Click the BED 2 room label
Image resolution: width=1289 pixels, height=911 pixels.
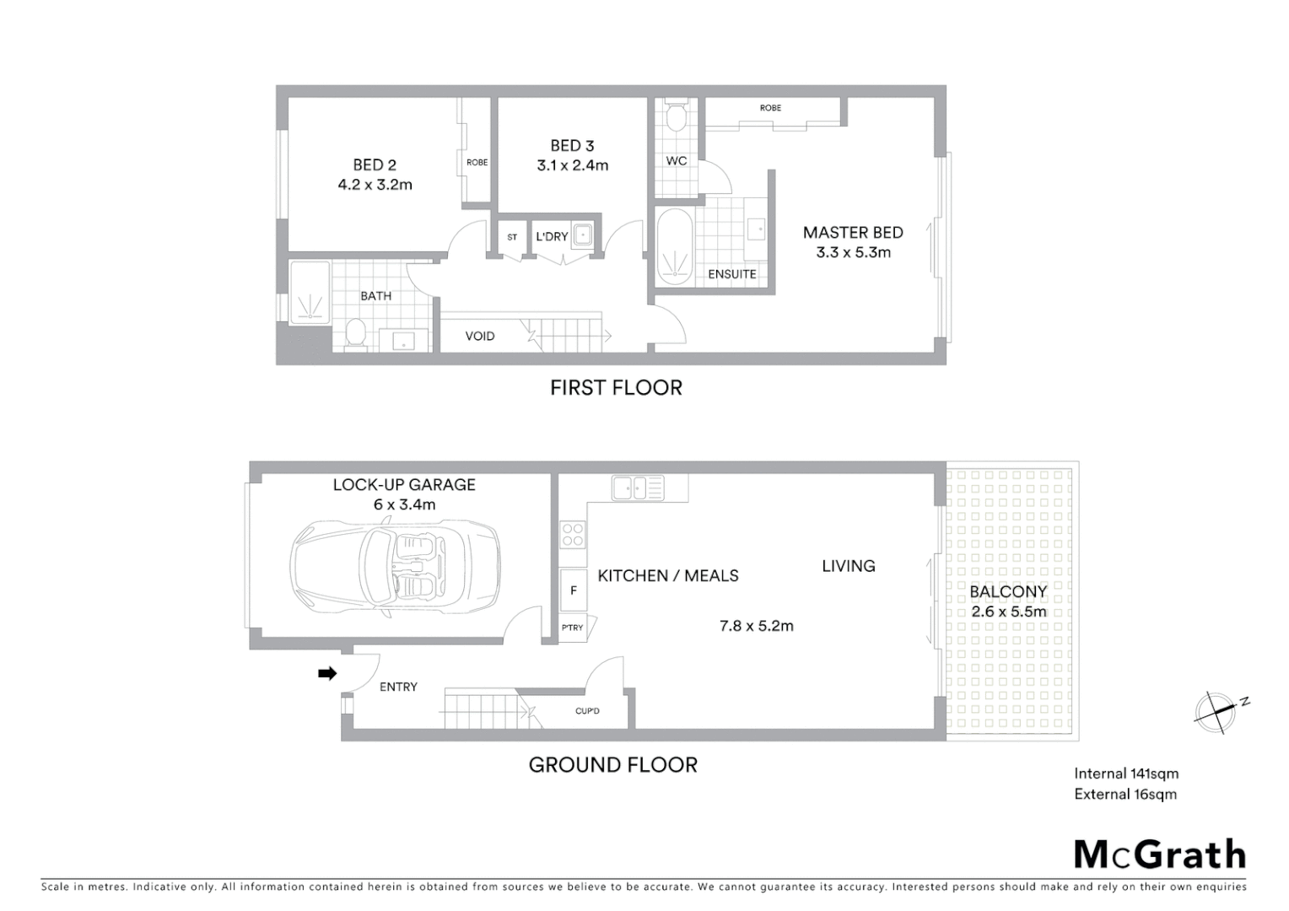[375, 165]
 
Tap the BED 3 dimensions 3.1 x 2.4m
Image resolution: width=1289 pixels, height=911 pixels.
[572, 166]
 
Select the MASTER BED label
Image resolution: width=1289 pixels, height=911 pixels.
[853, 233]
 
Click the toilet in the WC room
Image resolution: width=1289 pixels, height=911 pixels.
[676, 117]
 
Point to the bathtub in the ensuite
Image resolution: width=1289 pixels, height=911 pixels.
[674, 245]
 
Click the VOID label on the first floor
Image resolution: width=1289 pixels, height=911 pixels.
[480, 336]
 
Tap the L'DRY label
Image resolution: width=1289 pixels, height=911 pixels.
[552, 237]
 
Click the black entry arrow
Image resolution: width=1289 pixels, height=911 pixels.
[327, 673]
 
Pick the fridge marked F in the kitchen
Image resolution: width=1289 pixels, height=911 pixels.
[574, 590]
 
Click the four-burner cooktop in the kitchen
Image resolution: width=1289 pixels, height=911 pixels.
[573, 535]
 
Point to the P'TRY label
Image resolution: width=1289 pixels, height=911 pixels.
[572, 628]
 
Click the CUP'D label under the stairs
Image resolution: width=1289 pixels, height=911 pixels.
[587, 711]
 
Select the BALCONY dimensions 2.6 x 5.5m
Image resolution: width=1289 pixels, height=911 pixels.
[1008, 612]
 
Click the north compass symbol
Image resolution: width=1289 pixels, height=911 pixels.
[1217, 710]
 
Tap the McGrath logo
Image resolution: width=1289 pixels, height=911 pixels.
[1160, 854]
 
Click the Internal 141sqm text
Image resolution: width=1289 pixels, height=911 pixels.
[1126, 774]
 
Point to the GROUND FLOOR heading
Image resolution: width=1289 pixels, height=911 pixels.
[613, 765]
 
